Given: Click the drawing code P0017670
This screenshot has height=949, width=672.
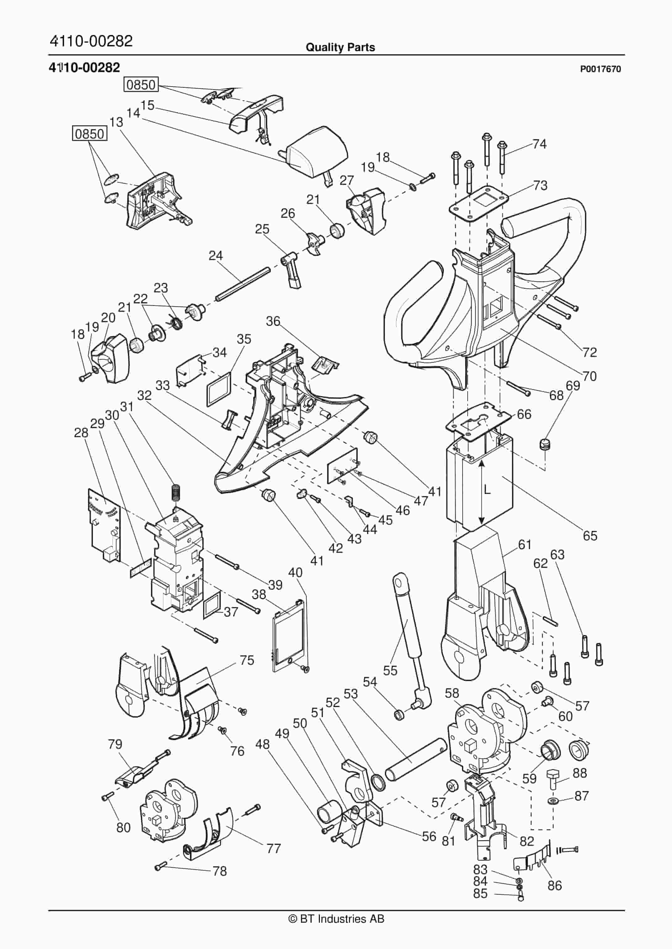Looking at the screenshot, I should [x=600, y=69].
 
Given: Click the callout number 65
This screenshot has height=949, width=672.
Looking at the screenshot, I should [x=590, y=536].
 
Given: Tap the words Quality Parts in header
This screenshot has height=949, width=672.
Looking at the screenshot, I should [x=340, y=48].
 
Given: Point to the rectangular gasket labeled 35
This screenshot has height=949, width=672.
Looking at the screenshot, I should [x=218, y=387].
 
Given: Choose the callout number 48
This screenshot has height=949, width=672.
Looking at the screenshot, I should [x=262, y=744].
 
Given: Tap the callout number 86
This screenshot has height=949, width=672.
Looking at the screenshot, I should [x=554, y=886].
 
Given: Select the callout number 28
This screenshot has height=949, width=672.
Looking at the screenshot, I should [x=81, y=433].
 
